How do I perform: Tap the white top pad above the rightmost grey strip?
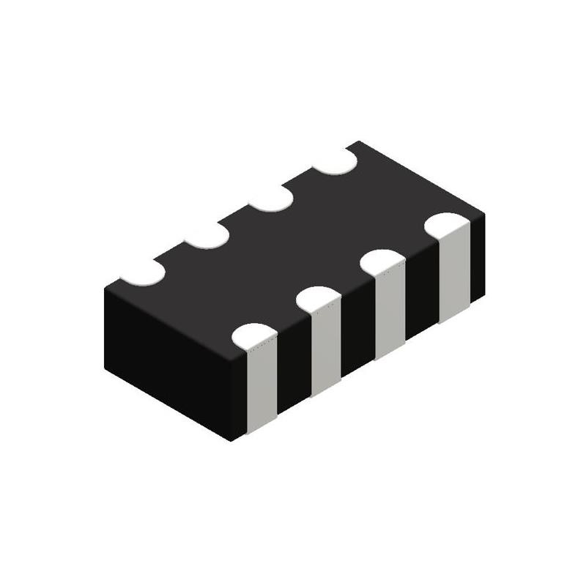448,224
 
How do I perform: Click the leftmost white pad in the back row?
143,271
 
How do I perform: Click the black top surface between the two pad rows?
293,249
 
